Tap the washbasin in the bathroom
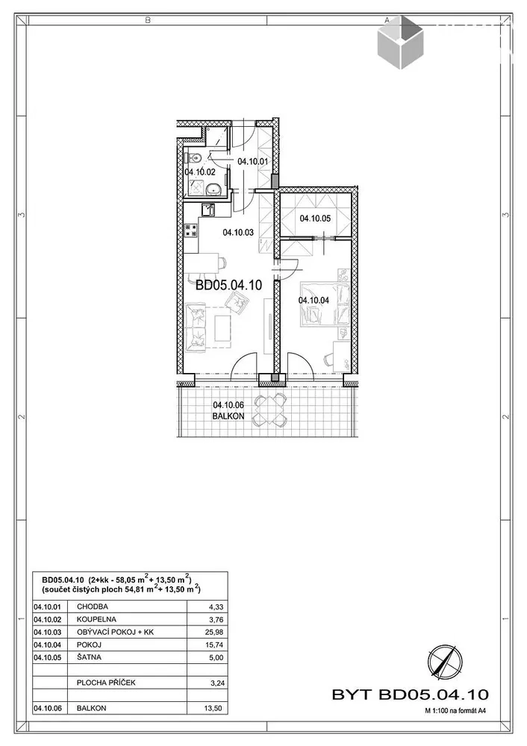[213, 190]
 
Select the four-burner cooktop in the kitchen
[191, 231]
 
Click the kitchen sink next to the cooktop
[208, 210]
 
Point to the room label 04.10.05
[315, 219]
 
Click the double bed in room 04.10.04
[321, 304]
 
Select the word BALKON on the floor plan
[228, 416]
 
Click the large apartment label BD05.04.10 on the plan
[229, 285]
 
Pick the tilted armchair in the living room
[237, 302]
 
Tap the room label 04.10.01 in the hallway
[253, 162]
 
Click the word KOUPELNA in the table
[96, 619]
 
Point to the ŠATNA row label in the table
[89, 657]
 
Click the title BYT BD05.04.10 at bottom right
[410, 695]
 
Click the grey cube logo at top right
[400, 42]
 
